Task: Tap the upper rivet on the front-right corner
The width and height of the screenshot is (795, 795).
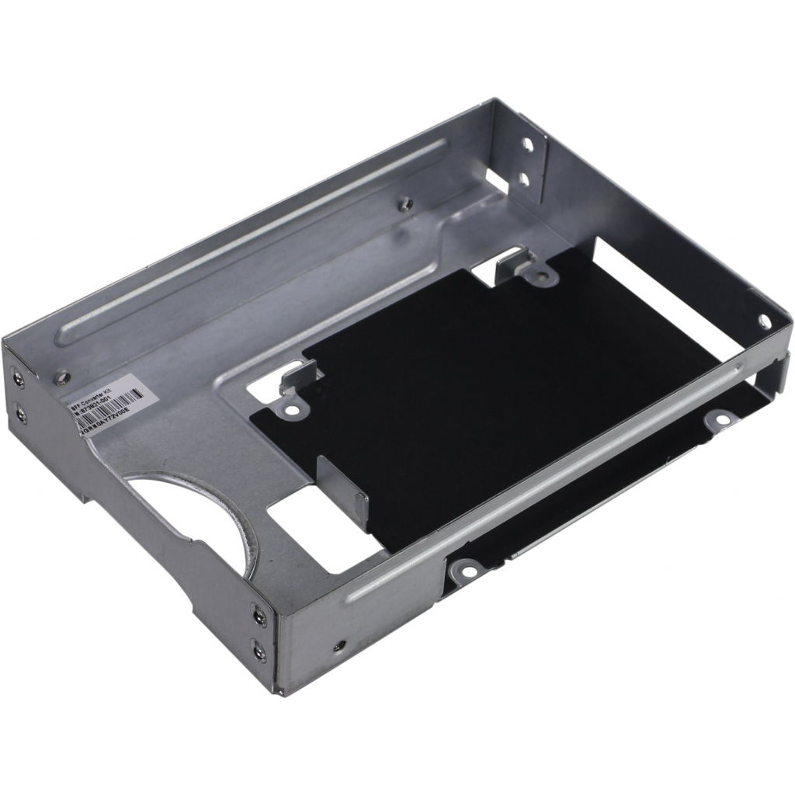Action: point(259,616)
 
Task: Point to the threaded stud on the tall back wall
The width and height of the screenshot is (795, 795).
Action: point(403,203)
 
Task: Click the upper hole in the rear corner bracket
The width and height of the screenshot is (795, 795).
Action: point(527,144)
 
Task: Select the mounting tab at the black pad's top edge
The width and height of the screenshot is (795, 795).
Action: point(536,274)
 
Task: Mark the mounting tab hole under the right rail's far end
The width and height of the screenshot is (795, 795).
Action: point(720,420)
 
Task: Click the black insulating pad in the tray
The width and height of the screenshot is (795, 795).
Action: point(481,388)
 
